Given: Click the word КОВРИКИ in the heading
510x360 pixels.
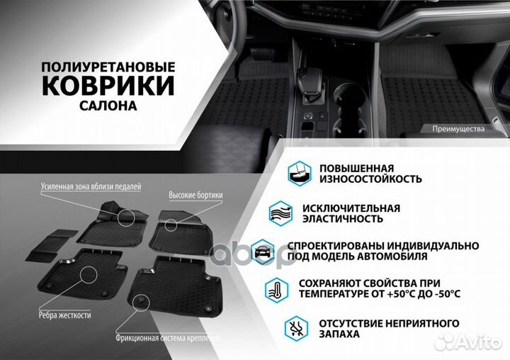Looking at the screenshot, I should point(108,86).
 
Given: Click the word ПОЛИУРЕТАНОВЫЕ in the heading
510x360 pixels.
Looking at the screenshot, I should point(108,65).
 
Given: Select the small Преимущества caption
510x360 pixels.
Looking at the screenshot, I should point(458,129).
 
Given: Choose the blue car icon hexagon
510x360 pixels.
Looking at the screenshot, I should point(262,250).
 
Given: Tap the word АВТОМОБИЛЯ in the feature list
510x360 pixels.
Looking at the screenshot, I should point(388,257).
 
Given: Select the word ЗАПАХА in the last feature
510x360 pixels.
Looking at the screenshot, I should point(339,334).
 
